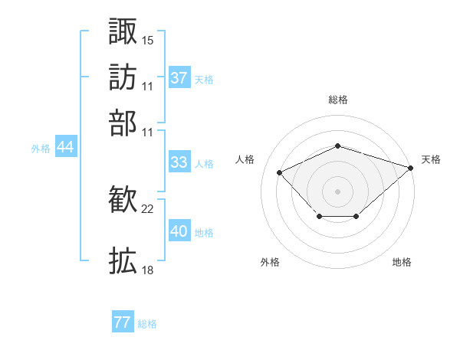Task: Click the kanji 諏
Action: (123, 31)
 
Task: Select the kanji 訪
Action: (123, 77)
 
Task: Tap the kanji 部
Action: (123, 123)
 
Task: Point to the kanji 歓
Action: (123, 199)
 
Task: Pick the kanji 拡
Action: (123, 260)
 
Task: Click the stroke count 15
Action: (147, 41)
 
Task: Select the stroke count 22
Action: (147, 209)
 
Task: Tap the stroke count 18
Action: (147, 270)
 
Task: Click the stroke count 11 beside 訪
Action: (147, 87)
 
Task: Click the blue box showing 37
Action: (179, 77)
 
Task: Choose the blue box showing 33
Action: (179, 162)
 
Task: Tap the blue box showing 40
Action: (179, 230)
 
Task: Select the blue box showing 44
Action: (66, 146)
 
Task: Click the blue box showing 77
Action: (123, 321)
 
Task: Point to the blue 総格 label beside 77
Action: (147, 324)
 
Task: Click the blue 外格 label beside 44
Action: (41, 149)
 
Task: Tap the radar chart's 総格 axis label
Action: (338, 100)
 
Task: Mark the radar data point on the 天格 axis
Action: (411, 168)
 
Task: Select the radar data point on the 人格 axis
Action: (279, 172)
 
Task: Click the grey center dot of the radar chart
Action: (337, 191)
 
